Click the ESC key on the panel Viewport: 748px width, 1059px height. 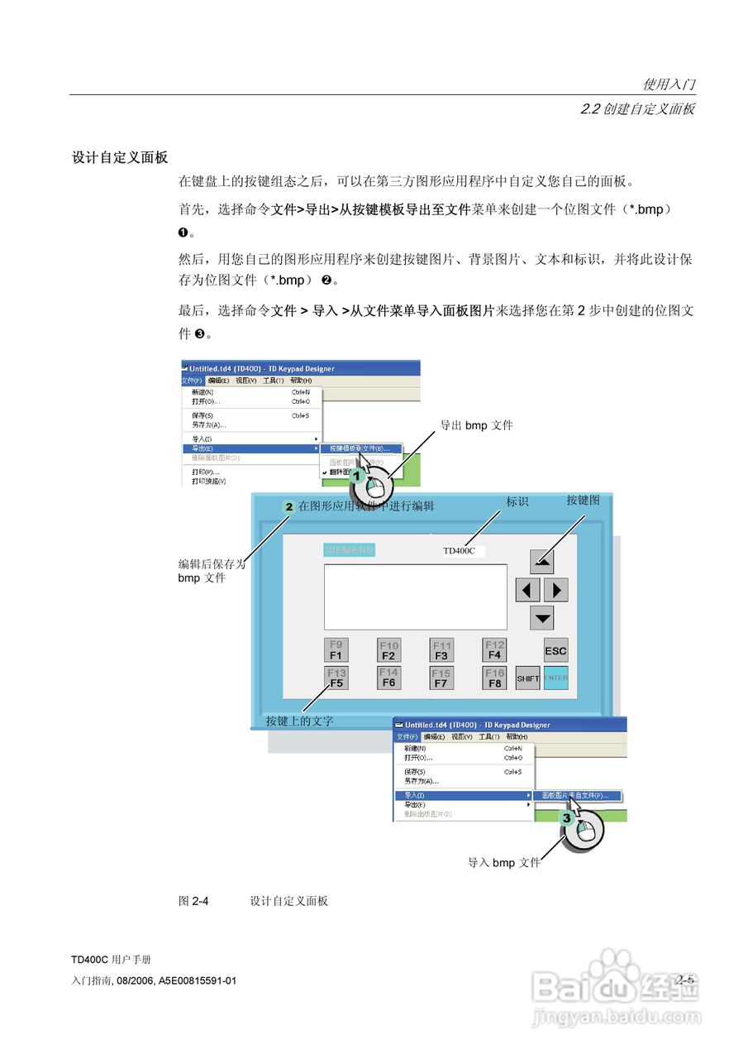coord(555,650)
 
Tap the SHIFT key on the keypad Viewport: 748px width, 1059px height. coord(528,678)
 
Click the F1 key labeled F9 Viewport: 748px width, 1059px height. coord(336,650)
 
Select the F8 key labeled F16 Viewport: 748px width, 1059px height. coord(494,678)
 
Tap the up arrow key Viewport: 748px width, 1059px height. coord(542,561)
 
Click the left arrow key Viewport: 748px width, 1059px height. coord(527,590)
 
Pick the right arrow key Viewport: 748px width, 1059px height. coord(556,590)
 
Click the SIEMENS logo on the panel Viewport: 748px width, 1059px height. coord(349,550)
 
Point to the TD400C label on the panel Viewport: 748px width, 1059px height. coord(459,551)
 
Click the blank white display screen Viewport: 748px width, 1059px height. coord(415,597)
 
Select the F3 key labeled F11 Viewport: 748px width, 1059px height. coord(441,650)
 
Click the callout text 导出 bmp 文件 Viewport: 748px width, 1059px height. coord(476,425)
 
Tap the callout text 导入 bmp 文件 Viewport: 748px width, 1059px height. coord(504,863)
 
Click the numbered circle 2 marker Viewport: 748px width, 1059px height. coord(288,506)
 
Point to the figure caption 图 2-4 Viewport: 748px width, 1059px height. coord(193,900)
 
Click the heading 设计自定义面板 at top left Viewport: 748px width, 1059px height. coord(120,157)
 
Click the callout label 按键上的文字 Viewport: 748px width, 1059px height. coord(299,721)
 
